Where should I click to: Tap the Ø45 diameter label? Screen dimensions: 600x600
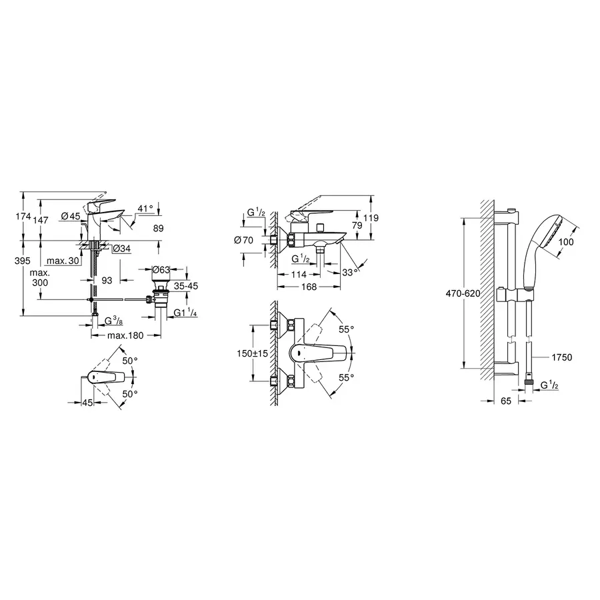coord(70,216)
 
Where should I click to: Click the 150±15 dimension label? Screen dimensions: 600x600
coord(251,354)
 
